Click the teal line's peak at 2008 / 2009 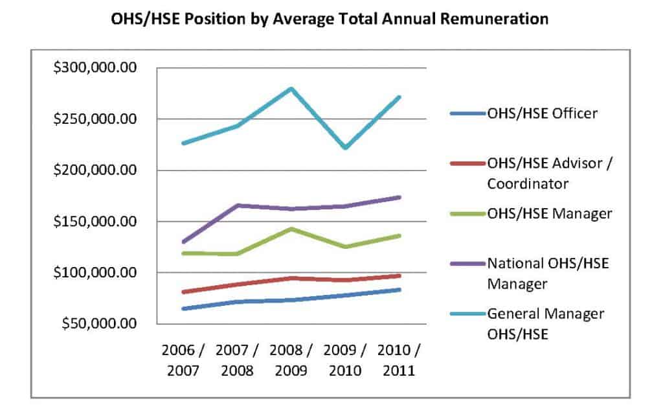coord(291,89)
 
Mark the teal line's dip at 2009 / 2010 coord(345,148)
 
